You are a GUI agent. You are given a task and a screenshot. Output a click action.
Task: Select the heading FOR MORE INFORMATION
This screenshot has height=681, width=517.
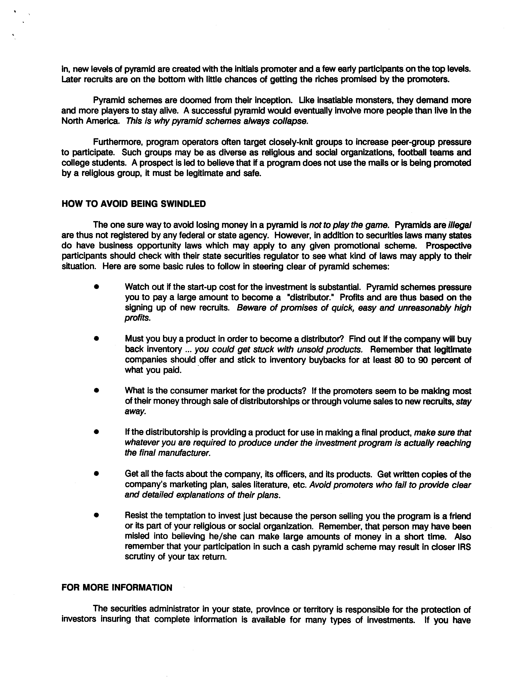(117, 588)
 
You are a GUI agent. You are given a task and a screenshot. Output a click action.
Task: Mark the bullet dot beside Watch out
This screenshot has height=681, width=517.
(97, 287)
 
